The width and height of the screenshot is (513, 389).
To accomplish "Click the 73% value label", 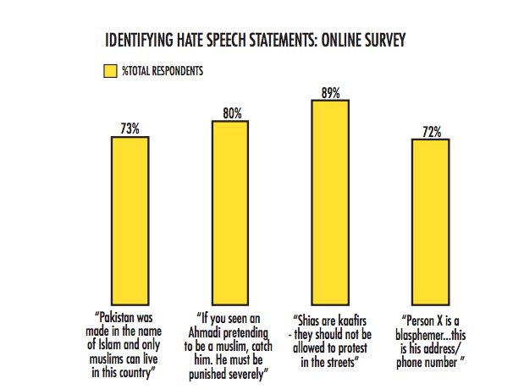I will pyautogui.click(x=130, y=129).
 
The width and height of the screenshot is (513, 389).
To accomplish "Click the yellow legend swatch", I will pyautogui.click(x=108, y=71).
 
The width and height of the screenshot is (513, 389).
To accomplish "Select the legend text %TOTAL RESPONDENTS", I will pyautogui.click(x=163, y=71).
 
